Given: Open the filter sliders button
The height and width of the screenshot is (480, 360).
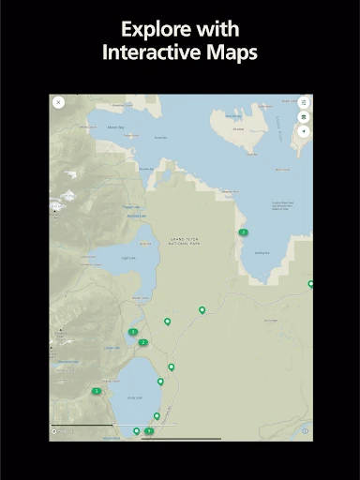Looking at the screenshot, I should tap(303, 102).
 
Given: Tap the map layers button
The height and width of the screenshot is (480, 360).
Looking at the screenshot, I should tap(303, 117).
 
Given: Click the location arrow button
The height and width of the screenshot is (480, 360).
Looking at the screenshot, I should tap(303, 131).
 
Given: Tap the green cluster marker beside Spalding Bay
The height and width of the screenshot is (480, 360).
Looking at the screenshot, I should tap(243, 232).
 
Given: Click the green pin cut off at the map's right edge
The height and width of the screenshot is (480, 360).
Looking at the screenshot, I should tap(310, 283).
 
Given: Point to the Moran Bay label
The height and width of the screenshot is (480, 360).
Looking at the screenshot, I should tap(115, 127).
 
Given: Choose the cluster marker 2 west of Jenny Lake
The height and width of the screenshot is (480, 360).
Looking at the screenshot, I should tap(97, 391).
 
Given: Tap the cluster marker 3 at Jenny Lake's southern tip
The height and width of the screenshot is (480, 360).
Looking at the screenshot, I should tap(149, 431).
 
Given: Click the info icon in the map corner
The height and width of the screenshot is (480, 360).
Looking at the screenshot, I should tap(305, 431).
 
